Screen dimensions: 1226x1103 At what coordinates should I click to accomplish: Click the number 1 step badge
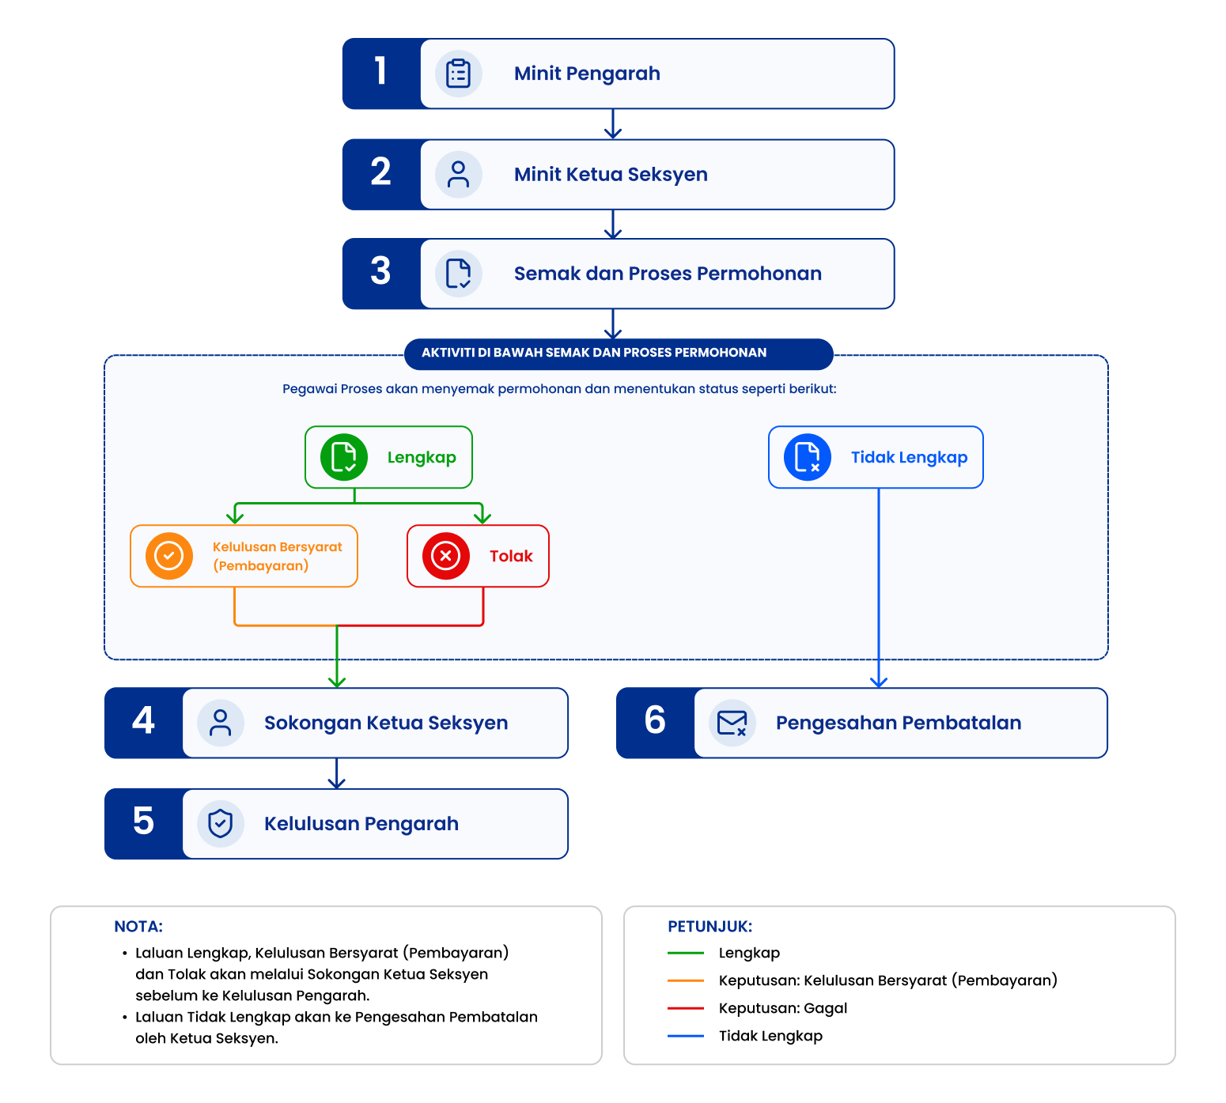[x=381, y=74]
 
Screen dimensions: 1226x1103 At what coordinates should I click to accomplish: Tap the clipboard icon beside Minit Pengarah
[x=459, y=74]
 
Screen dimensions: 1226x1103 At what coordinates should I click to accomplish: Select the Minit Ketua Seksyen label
[x=611, y=175]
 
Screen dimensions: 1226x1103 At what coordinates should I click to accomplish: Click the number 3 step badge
[x=381, y=274]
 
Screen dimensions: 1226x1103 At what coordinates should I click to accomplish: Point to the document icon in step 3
[x=459, y=274]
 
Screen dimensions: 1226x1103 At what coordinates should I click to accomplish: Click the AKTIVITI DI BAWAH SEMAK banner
[x=619, y=353]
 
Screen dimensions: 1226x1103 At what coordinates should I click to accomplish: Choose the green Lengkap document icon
[x=344, y=457]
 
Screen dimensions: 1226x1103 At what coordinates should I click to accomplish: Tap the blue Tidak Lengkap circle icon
[x=808, y=457]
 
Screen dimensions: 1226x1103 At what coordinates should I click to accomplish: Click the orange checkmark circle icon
[x=169, y=556]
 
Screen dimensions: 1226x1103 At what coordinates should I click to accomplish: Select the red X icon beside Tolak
[x=446, y=556]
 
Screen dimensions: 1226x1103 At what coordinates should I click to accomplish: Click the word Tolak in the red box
[x=511, y=556]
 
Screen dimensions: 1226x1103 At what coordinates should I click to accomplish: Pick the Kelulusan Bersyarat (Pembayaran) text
[x=278, y=556]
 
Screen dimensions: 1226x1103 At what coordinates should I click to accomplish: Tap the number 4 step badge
[x=144, y=723]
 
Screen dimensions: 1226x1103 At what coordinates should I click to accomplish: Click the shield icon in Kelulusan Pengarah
[x=221, y=824]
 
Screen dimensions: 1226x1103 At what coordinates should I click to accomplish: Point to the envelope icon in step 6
[x=732, y=723]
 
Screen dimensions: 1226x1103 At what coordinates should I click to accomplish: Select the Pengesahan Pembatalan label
[x=899, y=723]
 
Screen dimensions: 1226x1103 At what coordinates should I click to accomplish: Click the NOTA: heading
[x=138, y=927]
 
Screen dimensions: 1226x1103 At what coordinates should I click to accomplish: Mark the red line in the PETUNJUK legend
[x=686, y=1008]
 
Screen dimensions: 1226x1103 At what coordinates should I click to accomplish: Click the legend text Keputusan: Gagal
[x=783, y=1008]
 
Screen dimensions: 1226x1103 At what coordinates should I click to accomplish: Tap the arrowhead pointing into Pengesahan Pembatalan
[x=879, y=682]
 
